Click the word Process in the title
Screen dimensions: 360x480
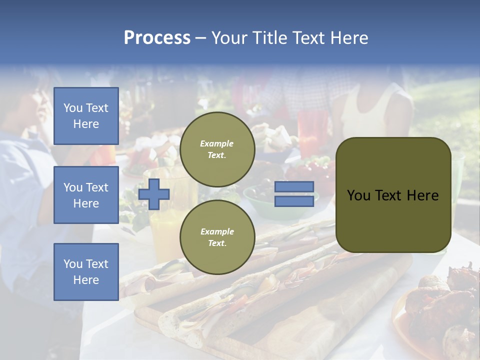[157, 38]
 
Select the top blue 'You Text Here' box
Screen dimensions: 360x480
[86, 116]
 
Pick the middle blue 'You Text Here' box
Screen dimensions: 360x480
[86, 195]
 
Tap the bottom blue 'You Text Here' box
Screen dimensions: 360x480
[86, 272]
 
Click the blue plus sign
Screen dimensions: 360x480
[154, 194]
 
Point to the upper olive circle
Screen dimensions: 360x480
[217, 149]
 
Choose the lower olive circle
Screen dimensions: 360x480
[217, 237]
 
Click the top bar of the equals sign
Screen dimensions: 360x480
[294, 187]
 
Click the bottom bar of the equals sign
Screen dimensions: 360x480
[294, 201]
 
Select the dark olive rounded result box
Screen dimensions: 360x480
[393, 195]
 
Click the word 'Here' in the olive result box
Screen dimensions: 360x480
[422, 195]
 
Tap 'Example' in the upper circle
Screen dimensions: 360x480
[217, 143]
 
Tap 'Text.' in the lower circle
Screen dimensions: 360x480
[217, 243]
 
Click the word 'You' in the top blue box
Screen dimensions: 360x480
[73, 108]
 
